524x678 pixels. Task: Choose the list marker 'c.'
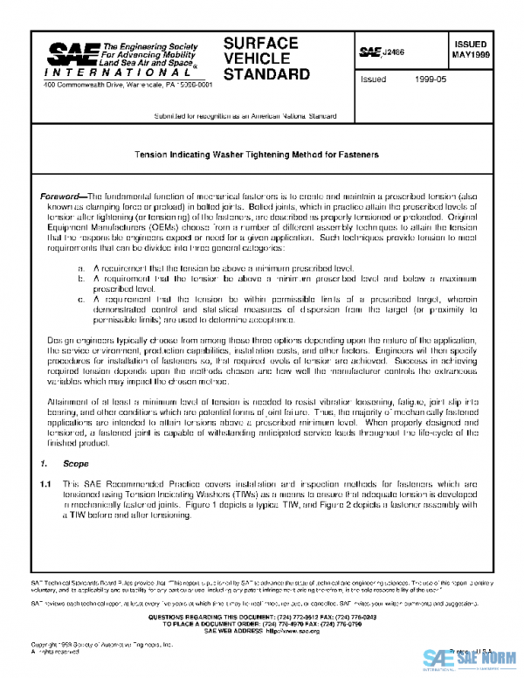pos(81,299)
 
